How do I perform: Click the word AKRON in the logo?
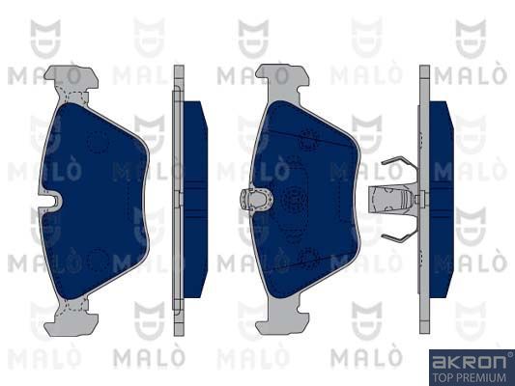(x=469, y=362)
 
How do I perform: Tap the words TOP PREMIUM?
(x=470, y=377)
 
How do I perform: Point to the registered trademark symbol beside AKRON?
(x=510, y=354)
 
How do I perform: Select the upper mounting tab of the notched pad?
(x=72, y=80)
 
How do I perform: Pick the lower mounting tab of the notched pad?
(x=72, y=318)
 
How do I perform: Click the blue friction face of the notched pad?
(x=94, y=200)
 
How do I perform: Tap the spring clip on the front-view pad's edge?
(x=256, y=199)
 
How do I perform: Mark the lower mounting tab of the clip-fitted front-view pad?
(x=282, y=317)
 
